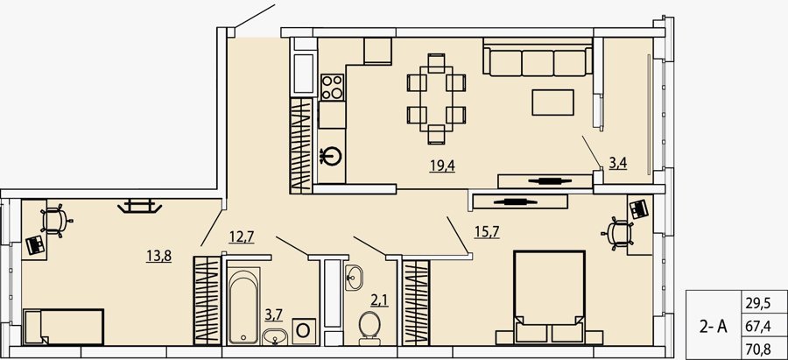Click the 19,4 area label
(x=442, y=165)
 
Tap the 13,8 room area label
(x=159, y=256)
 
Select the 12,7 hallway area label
(x=242, y=236)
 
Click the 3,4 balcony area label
(x=618, y=164)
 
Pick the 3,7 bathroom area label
(x=274, y=316)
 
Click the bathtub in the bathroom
(x=244, y=306)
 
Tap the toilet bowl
(x=369, y=328)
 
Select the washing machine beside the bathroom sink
(x=304, y=331)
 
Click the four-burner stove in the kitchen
(x=332, y=87)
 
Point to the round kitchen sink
(x=332, y=156)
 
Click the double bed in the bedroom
(x=549, y=298)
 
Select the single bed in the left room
(x=64, y=328)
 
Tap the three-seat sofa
(x=538, y=61)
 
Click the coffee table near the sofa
(x=552, y=102)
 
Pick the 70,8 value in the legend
(x=760, y=349)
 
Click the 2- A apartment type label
(x=713, y=327)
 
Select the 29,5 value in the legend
(x=760, y=303)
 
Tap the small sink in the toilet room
(x=355, y=277)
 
